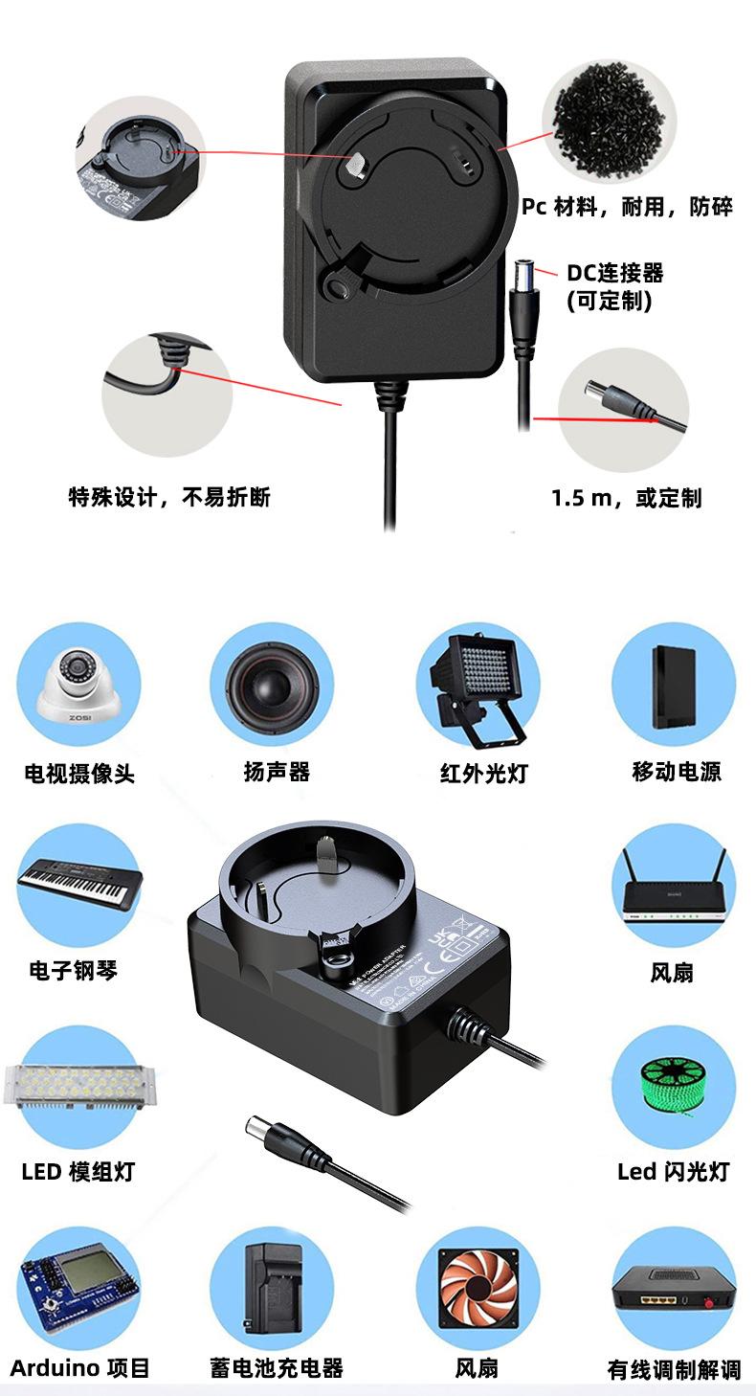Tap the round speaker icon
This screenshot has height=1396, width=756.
tap(272, 684)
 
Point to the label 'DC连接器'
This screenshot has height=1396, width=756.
tap(615, 273)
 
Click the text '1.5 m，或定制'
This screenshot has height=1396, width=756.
tap(626, 498)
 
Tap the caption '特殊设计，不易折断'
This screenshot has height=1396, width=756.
tap(169, 497)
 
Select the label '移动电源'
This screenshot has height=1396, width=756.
tap(677, 772)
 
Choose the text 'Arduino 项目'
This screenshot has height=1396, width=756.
tap(80, 1368)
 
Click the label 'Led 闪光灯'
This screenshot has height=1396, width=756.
tap(674, 1171)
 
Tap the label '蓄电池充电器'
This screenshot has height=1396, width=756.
tap(277, 1368)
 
